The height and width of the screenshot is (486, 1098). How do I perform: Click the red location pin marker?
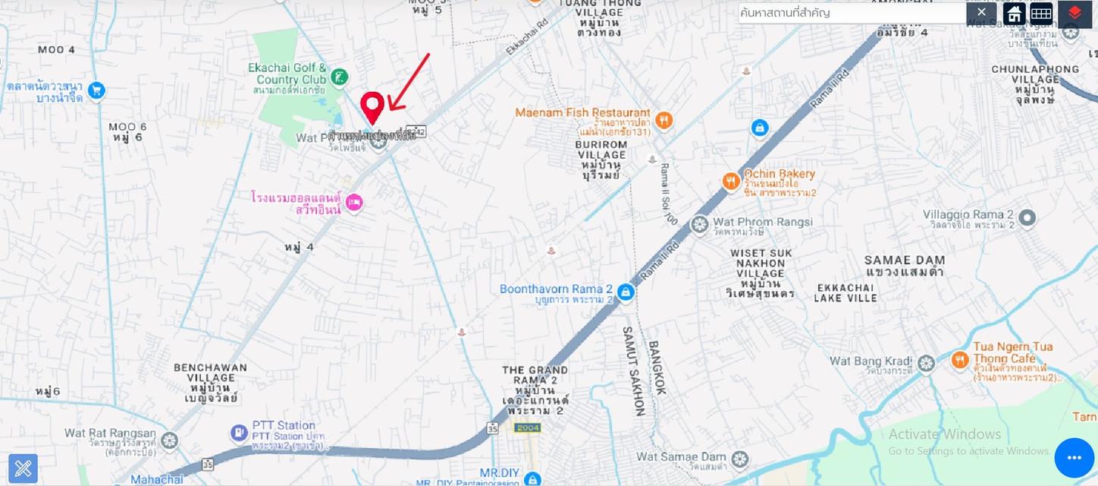click(x=372, y=106)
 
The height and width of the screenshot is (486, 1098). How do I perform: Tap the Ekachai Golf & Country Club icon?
click(x=340, y=77)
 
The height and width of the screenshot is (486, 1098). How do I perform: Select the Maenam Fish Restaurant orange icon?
click(x=664, y=121)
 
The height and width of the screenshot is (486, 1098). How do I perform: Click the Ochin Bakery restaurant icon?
click(x=731, y=181)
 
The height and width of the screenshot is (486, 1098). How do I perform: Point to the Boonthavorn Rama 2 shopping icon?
click(x=626, y=292)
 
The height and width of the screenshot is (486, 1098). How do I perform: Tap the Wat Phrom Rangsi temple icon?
click(x=699, y=225)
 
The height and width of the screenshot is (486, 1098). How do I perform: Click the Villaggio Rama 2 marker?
click(x=1027, y=219)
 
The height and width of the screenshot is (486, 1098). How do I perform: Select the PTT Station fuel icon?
click(x=239, y=433)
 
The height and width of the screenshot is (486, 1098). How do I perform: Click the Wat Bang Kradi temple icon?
click(x=925, y=364)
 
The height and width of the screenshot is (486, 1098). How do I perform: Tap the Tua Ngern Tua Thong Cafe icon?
click(x=960, y=360)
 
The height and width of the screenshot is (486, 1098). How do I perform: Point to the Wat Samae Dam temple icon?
click(x=739, y=459)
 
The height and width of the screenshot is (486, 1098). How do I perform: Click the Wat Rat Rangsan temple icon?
click(x=169, y=440)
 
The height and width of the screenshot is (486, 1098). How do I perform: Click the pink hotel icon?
click(x=353, y=203)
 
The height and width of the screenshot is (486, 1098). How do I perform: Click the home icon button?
click(x=1014, y=14)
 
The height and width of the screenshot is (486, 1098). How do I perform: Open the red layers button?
click(x=1074, y=14)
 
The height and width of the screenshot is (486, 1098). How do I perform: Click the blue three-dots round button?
click(x=1074, y=457)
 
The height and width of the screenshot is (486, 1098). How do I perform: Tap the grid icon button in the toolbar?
click(x=1041, y=14)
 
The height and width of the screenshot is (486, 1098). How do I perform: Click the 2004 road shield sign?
click(x=527, y=428)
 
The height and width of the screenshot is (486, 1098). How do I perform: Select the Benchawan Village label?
click(x=210, y=377)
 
